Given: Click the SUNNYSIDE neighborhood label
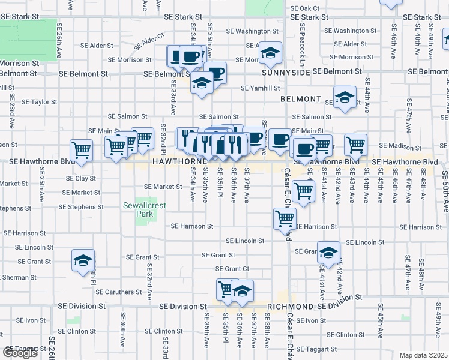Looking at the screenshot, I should [x=286, y=72].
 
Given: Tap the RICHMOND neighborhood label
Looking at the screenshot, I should [x=291, y=306].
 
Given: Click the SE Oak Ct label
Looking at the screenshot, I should [x=305, y=8].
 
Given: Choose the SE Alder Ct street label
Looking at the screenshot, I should [x=149, y=41].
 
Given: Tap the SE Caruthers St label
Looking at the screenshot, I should [x=118, y=292].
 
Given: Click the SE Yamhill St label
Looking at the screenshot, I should [x=261, y=88].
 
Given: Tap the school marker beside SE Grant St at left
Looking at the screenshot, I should [x=83, y=261].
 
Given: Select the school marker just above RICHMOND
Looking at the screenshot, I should [x=242, y=291].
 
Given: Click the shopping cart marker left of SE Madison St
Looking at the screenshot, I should [x=355, y=144].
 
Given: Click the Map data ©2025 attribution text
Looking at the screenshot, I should [x=424, y=355].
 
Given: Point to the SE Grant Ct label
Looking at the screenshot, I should [x=232, y=269].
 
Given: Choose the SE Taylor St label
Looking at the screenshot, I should [x=39, y=102].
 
